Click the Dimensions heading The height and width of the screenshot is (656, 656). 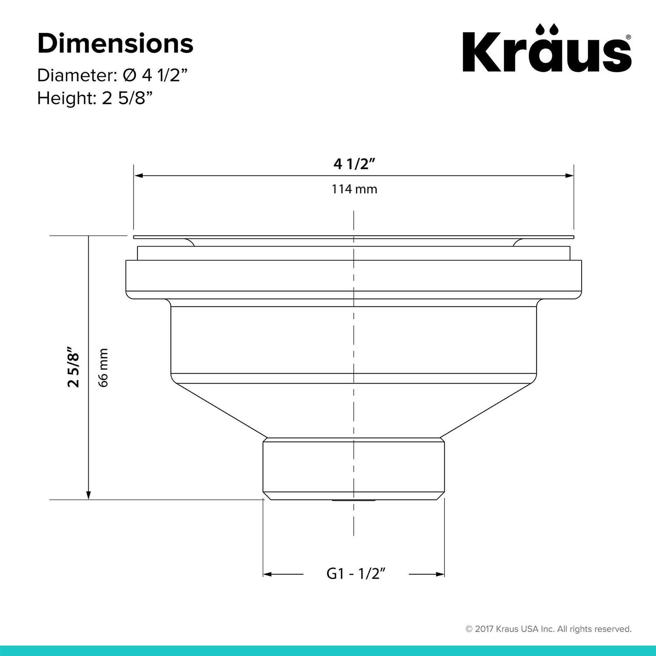click(115, 44)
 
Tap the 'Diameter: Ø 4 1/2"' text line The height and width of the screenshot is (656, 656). click(112, 75)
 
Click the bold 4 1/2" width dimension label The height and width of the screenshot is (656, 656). click(355, 164)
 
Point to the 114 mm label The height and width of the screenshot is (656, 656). click(354, 189)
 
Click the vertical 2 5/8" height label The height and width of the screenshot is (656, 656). click(74, 367)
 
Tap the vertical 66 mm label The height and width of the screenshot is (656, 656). click(103, 367)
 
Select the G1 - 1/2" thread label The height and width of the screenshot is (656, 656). click(356, 573)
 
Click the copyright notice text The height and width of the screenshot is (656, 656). click(548, 629)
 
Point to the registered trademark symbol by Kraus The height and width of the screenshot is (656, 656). click(628, 37)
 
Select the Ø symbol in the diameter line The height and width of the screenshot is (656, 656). click(129, 75)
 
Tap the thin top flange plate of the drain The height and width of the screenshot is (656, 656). click(353, 237)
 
